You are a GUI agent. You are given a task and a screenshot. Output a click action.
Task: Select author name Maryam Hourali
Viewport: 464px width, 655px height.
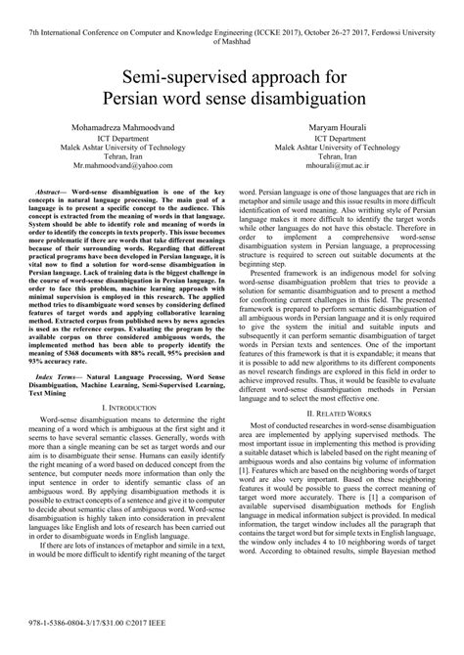pos(347,128)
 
